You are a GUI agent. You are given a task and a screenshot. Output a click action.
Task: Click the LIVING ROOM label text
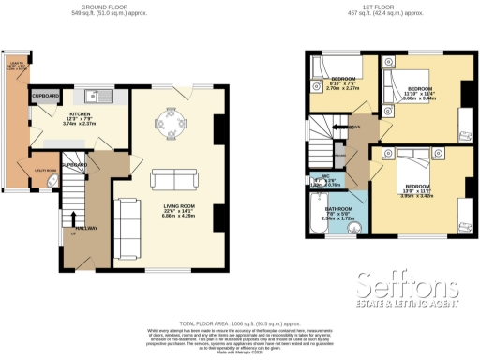[x=171, y=209]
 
